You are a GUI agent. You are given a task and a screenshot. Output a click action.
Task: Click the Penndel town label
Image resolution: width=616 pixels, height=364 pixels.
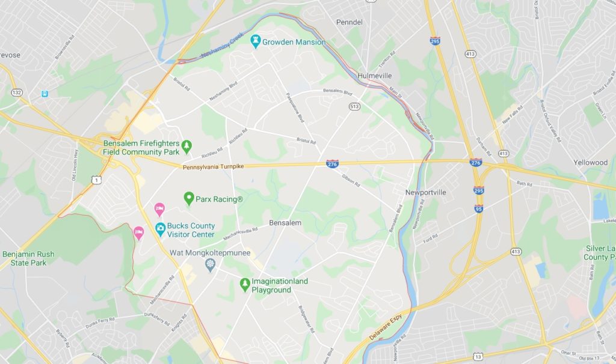tap(349, 22)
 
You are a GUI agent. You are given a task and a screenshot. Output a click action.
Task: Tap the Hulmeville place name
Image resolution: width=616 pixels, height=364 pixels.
tap(374, 76)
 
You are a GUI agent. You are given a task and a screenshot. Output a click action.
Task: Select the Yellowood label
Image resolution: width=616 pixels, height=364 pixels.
tap(590, 163)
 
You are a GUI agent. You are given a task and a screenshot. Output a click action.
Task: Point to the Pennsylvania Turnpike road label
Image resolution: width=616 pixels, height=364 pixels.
tap(214, 166)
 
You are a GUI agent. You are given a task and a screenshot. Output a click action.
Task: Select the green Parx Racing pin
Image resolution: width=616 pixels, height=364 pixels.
tap(189, 198)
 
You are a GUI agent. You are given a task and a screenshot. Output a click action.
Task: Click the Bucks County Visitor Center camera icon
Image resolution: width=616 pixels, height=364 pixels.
tap(161, 228)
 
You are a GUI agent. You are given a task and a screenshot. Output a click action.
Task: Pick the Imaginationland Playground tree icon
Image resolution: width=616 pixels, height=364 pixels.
tap(245, 284)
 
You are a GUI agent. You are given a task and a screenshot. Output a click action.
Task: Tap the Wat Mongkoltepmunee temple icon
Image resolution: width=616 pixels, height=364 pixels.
tap(210, 264)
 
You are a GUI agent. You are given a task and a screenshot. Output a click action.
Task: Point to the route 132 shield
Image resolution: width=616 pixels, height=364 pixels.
tap(17, 92)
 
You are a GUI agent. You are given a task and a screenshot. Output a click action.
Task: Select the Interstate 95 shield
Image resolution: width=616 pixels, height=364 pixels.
tap(479, 208)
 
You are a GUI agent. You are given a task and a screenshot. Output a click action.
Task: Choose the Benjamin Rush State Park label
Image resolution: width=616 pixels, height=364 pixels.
tap(28, 258)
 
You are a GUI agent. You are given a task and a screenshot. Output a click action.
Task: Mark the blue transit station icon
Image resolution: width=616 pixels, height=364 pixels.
tap(45, 94)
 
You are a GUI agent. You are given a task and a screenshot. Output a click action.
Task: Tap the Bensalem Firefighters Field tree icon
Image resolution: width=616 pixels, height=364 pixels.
tap(186, 145)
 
